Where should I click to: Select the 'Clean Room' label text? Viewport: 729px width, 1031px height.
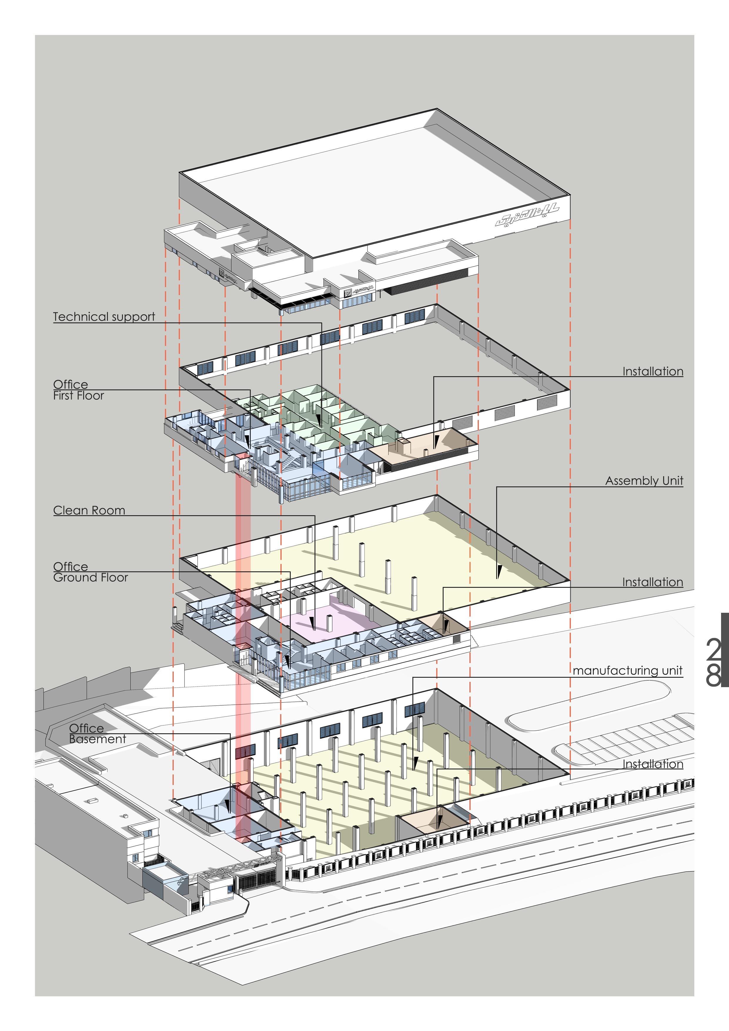[x=89, y=510]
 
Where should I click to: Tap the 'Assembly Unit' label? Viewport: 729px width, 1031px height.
[x=644, y=481]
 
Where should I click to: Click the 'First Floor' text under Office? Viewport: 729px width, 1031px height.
[x=78, y=396]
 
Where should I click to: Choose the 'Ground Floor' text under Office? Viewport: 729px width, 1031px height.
[x=90, y=578]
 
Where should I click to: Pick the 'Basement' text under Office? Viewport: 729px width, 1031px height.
[x=98, y=739]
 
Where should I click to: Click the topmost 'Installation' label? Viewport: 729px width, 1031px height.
[x=653, y=371]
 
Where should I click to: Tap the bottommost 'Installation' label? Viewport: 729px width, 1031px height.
[x=653, y=764]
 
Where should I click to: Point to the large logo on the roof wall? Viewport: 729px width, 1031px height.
[x=527, y=215]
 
